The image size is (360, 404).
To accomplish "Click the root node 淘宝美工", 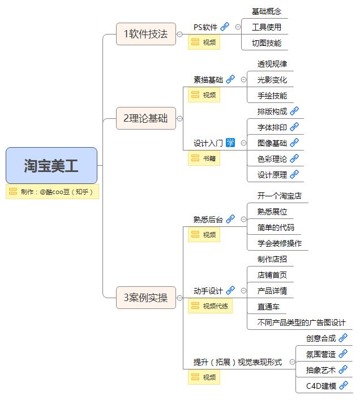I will point(52,165).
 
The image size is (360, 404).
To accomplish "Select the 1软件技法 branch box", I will point(145,34).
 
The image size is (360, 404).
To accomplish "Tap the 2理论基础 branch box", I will point(145,119).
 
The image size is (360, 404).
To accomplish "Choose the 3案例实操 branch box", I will point(145,297).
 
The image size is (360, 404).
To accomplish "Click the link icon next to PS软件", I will point(225,27).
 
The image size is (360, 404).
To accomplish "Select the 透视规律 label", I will point(272,64).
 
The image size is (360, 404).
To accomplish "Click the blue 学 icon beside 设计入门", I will point(230,143).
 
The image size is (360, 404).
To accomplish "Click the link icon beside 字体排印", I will point(294,127).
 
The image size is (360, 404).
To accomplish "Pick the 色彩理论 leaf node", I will point(272,159).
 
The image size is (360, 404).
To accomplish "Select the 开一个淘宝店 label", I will point(279,196).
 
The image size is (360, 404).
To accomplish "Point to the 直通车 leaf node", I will point(268,307).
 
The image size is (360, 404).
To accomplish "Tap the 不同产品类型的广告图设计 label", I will point(301,323).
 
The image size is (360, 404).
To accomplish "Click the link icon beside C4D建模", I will point(343,386).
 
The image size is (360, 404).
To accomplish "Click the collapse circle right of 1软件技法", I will point(179,34).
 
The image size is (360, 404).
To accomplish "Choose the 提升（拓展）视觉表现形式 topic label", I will point(238,362).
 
